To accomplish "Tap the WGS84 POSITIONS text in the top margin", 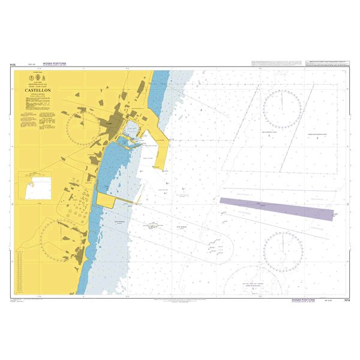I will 55,64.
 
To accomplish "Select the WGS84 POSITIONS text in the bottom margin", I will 303,298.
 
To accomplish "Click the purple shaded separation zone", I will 276,208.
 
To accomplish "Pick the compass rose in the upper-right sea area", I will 282,108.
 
